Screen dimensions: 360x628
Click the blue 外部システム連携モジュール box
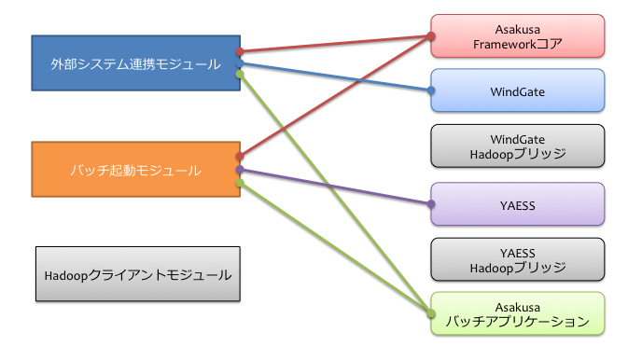coord(135,63)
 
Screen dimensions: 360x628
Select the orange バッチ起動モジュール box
coord(135,170)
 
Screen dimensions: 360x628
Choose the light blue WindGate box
coord(518,91)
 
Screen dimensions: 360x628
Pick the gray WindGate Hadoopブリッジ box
coord(518,145)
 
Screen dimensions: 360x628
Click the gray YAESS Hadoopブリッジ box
coord(518,258)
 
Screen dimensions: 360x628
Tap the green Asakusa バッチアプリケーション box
coord(518,313)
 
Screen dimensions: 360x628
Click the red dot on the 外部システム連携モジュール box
coord(240,51)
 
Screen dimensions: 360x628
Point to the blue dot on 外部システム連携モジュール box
coord(240,63)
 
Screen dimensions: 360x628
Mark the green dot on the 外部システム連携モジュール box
coord(240,74)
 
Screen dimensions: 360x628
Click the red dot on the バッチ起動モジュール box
coord(240,157)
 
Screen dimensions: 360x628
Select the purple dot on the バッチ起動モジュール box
coord(240,171)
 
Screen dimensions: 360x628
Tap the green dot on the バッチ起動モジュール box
coord(240,183)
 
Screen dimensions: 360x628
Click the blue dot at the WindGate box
coord(431,91)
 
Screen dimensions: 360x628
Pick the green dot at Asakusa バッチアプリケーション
coord(431,313)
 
